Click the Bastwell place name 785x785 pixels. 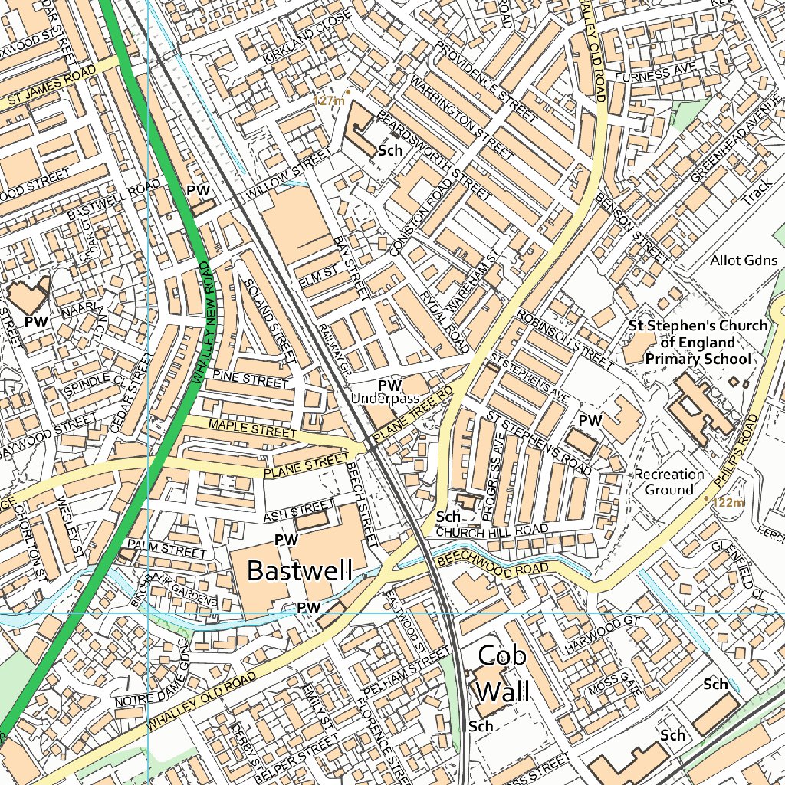(x=300, y=570)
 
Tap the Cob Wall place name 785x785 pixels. (x=502, y=673)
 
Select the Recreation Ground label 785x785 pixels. (x=668, y=481)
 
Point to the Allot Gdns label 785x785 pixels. (x=744, y=260)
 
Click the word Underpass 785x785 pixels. (x=385, y=399)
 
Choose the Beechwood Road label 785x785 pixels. (x=493, y=565)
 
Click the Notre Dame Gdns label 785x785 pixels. (x=148, y=674)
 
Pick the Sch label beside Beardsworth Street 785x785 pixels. (x=390, y=151)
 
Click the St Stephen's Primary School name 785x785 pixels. (x=697, y=342)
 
